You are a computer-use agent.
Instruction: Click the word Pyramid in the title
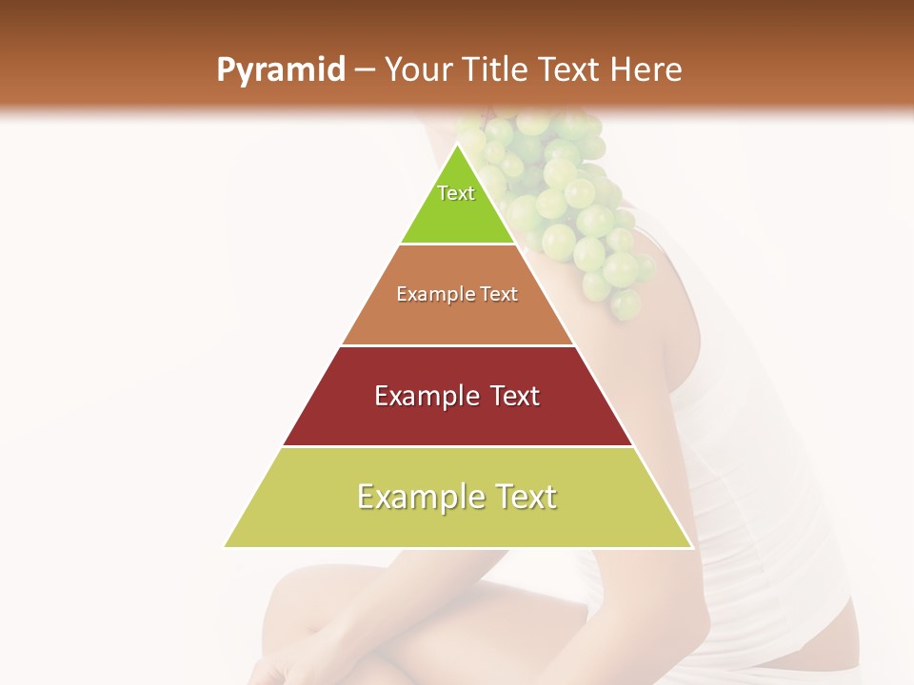tap(280, 70)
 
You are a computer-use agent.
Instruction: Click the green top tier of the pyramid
tap(457, 214)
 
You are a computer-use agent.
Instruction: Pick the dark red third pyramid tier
tap(457, 419)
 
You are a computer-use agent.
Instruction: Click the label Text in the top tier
tap(456, 193)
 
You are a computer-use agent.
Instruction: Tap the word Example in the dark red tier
tap(424, 396)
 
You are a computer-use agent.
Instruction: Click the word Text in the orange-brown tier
tap(499, 294)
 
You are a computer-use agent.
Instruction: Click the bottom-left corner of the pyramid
tap(226, 546)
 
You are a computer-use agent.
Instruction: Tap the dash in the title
tap(365, 70)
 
